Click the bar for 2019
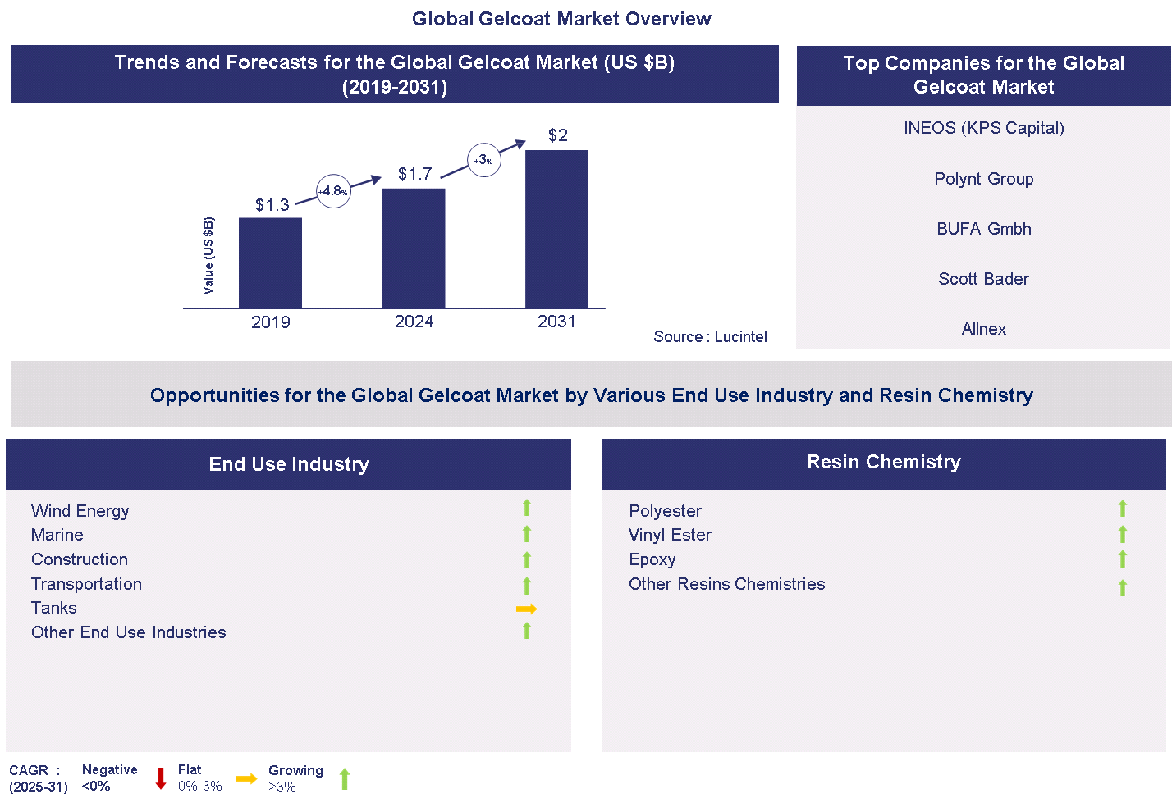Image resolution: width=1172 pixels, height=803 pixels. [x=270, y=262]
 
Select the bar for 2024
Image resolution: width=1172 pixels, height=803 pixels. [x=414, y=248]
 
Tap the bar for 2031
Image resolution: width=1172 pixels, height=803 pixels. [x=556, y=229]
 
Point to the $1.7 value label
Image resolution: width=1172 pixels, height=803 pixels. [x=414, y=174]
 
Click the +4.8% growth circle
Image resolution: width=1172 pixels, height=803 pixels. [x=333, y=191]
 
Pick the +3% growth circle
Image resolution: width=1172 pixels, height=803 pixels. [x=484, y=160]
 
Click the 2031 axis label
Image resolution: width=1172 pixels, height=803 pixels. [x=556, y=322]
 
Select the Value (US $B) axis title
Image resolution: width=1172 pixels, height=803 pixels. [x=208, y=256]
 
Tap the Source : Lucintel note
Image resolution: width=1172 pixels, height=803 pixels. [x=710, y=336]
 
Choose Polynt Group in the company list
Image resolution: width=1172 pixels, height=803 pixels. [x=983, y=179]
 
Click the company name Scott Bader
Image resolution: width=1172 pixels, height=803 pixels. [x=983, y=279]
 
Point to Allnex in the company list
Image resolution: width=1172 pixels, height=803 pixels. [x=983, y=329]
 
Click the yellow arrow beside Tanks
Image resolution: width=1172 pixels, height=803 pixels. [x=526, y=609]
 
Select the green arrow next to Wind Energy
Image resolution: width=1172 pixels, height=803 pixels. [x=527, y=509]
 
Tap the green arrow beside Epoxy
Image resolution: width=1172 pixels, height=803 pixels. [x=1123, y=559]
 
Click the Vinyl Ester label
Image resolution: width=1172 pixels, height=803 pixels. [x=670, y=535]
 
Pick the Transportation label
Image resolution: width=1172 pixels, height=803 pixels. [x=86, y=584]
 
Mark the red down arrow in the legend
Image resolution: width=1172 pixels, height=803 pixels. [x=161, y=778]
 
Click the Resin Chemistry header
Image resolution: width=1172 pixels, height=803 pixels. [x=883, y=463]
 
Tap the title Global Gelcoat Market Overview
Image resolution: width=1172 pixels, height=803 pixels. [x=561, y=19]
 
